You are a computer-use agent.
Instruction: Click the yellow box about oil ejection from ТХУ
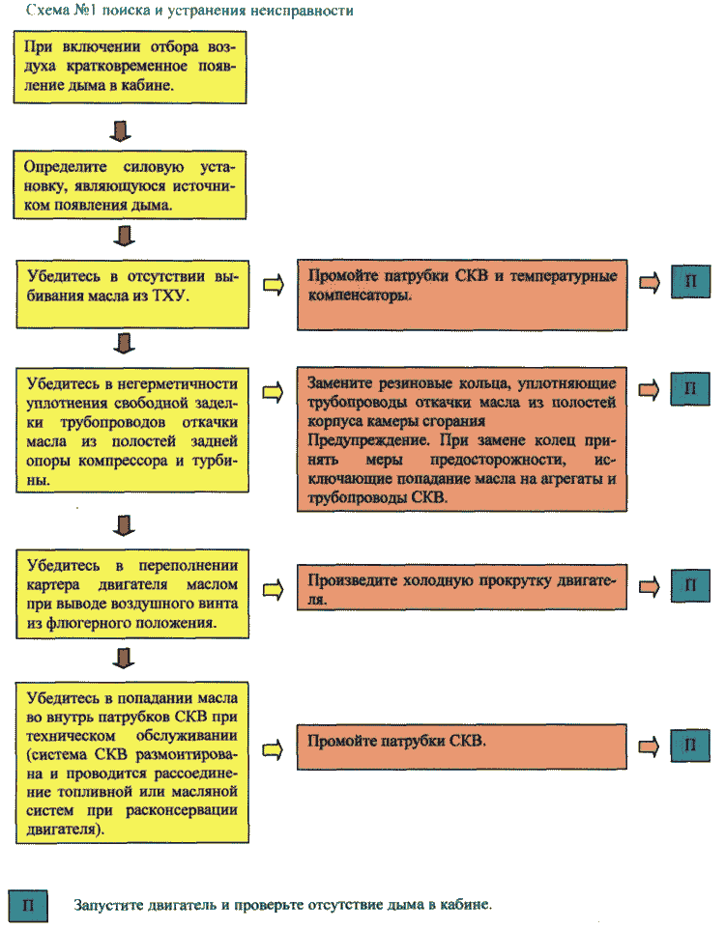pyautogui.click(x=132, y=294)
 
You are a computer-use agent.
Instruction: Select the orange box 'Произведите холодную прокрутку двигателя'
pyautogui.click(x=461, y=586)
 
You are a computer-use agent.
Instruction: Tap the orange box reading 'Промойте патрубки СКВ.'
pyautogui.click(x=461, y=746)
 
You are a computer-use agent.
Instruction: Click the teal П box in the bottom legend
pyautogui.click(x=28, y=905)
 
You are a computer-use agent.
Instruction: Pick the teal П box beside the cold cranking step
pyautogui.click(x=690, y=586)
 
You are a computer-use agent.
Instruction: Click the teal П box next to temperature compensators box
pyautogui.click(x=690, y=281)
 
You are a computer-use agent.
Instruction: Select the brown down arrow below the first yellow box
pyautogui.click(x=121, y=131)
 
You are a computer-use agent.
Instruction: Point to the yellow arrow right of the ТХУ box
pyautogui.click(x=274, y=285)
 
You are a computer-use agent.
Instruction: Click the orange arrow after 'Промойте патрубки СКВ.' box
pyautogui.click(x=649, y=746)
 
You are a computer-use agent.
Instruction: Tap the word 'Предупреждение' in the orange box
pyautogui.click(x=368, y=440)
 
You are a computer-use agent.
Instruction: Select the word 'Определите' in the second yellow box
pyautogui.click(x=66, y=167)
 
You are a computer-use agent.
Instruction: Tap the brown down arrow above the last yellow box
pyautogui.click(x=124, y=658)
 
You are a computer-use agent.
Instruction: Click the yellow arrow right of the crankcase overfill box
pyautogui.click(x=274, y=589)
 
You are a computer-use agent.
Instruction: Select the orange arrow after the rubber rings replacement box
pyautogui.click(x=649, y=390)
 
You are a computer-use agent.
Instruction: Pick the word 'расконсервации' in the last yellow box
pyautogui.click(x=182, y=810)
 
